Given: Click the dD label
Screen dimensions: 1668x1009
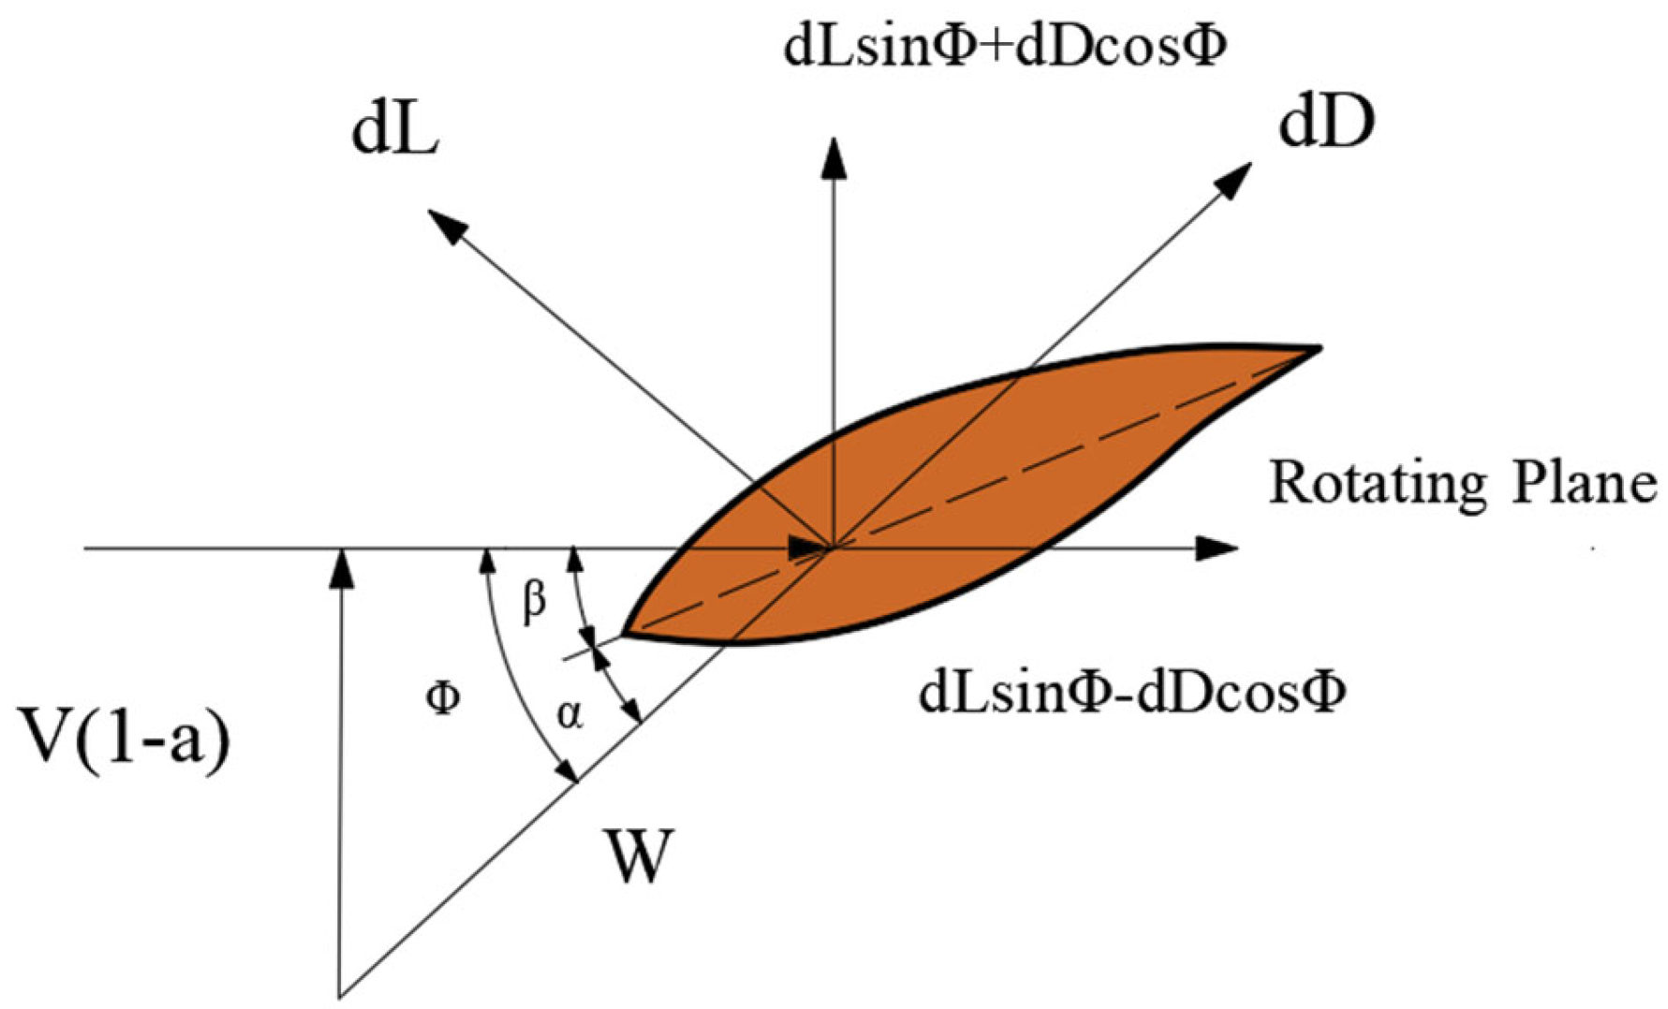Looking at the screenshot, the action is point(1326,124).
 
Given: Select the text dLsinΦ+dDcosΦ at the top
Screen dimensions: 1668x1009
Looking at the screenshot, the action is point(1004,47).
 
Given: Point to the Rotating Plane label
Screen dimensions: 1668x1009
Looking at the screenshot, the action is point(1462,484).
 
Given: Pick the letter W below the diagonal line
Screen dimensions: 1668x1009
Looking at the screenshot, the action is point(639,856).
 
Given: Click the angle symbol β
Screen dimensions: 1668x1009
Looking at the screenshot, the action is point(534,602).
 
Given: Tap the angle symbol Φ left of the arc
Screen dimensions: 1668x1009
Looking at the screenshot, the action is point(442,696).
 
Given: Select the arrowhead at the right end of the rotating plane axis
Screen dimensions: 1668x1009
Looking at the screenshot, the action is point(1219,548).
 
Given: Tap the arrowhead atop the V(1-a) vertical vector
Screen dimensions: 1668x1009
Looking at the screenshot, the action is point(344,567).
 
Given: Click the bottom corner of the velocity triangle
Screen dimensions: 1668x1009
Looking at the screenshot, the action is point(340,996).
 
